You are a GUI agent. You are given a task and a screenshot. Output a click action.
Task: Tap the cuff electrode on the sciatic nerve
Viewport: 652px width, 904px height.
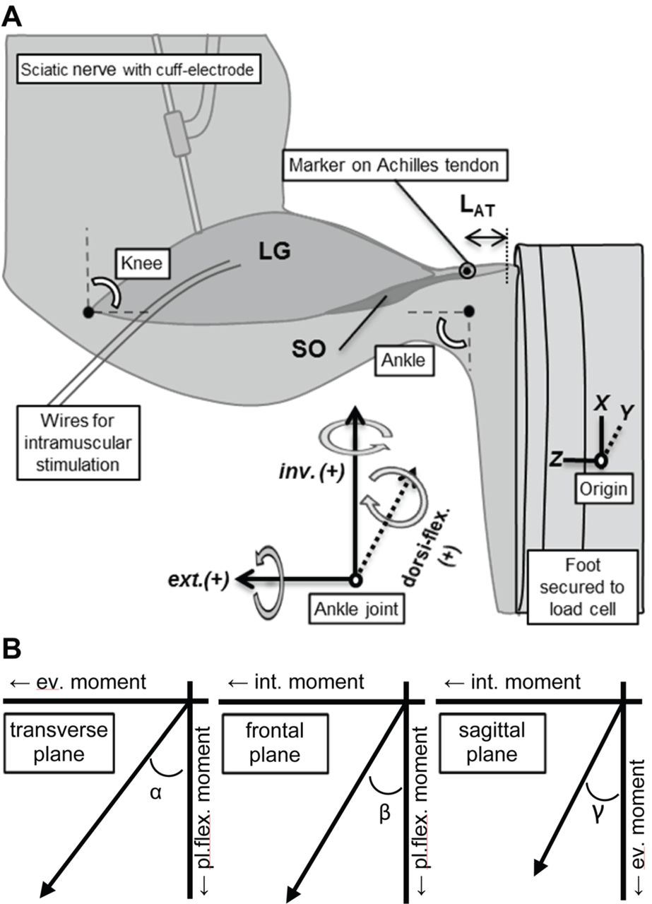click(176, 133)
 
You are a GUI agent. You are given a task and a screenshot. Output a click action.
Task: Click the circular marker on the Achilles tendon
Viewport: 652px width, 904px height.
click(467, 270)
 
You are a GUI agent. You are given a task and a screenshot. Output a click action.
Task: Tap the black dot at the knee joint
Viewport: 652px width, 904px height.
click(88, 311)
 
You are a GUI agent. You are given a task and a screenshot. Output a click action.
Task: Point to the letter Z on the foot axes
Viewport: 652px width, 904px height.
click(557, 460)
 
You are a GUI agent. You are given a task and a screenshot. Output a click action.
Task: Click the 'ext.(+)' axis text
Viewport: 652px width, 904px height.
click(206, 579)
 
